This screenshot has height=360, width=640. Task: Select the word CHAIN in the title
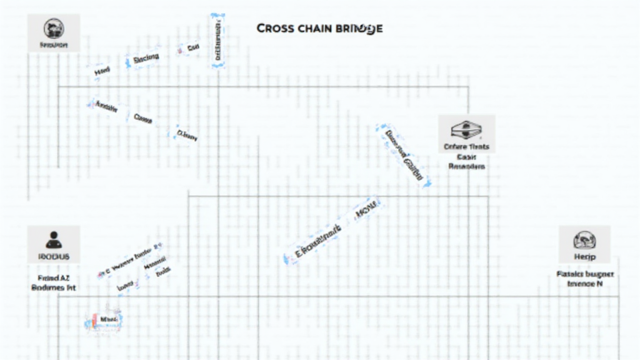point(315,29)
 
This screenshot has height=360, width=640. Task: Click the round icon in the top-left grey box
point(54,27)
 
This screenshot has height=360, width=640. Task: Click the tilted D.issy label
point(187,134)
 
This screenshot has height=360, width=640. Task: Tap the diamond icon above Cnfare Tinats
point(466,130)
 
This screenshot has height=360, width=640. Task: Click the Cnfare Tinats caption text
point(466,147)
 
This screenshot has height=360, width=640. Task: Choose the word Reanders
point(466,167)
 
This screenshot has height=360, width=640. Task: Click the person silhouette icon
point(54,239)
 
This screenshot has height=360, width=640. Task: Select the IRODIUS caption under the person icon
point(54,256)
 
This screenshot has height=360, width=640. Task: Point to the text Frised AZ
point(53,277)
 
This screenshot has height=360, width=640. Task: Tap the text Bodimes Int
point(53,287)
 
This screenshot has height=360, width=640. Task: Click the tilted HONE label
point(366,211)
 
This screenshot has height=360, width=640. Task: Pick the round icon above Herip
point(584,240)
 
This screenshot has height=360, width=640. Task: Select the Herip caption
point(584,257)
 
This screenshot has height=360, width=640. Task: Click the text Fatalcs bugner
point(585,274)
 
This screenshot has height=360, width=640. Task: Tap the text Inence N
point(584,284)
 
